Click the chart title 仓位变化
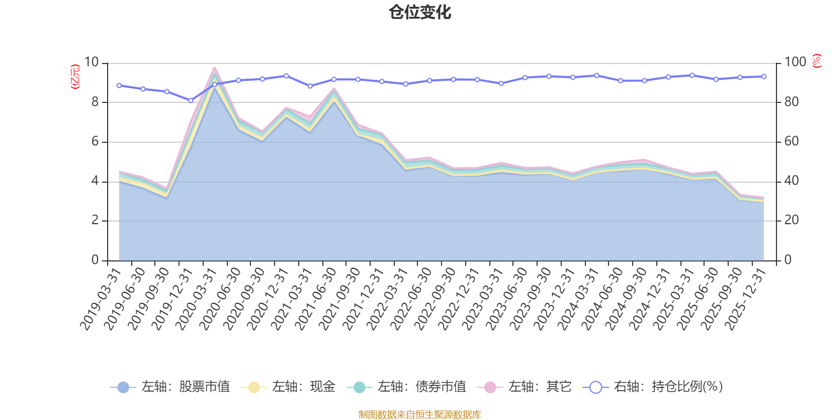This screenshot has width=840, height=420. (420, 12)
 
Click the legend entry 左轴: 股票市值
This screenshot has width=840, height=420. (171, 387)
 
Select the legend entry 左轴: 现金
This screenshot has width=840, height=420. (288, 387)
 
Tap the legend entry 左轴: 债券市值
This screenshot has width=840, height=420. (406, 387)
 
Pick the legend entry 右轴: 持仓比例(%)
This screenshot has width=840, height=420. (653, 387)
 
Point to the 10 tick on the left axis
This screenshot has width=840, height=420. (92, 62)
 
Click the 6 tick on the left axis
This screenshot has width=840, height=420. (95, 142)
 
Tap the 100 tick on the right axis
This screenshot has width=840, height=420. (795, 62)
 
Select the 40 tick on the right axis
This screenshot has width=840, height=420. (792, 181)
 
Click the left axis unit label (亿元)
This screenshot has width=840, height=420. (76, 77)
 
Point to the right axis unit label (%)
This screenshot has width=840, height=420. (817, 61)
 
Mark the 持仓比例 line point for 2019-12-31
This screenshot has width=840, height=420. (191, 100)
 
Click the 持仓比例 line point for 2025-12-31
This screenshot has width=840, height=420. (763, 77)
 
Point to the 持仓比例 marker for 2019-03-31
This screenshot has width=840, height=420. (119, 86)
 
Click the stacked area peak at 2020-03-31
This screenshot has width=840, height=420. (214, 68)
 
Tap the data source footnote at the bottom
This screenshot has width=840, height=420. (420, 415)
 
